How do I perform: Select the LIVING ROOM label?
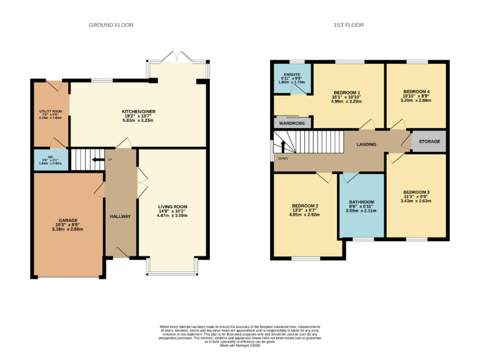coord(172,207)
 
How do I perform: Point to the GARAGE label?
coord(68,221)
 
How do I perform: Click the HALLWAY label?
coord(120,216)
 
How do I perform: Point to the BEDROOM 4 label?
coord(416,91)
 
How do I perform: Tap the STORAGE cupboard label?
coord(429,142)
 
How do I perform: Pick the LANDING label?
coord(366,144)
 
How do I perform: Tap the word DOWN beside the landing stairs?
coord(284,159)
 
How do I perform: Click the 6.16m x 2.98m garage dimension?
coord(68,229)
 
